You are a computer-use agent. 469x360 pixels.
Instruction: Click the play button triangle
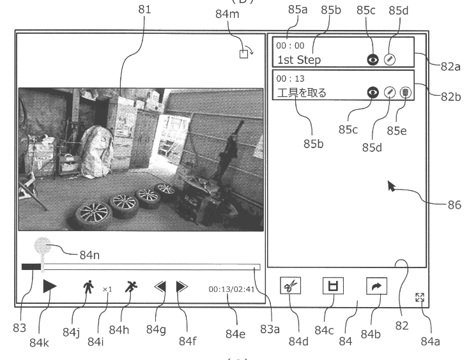click(50, 286)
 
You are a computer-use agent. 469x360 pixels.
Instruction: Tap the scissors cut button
click(291, 285)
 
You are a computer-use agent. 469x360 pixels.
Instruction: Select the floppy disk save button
click(333, 285)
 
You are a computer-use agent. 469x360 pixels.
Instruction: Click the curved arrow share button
click(376, 286)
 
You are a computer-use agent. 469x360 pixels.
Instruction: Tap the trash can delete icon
click(405, 93)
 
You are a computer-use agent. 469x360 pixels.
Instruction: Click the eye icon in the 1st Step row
click(373, 60)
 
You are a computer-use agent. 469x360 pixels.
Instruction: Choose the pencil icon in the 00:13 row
click(389, 93)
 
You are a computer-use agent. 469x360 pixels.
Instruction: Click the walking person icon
click(88, 287)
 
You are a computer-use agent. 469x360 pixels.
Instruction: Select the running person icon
click(131, 287)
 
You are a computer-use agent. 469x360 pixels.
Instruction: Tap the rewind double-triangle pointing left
click(160, 287)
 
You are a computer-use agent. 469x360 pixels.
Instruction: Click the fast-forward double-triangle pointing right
click(182, 287)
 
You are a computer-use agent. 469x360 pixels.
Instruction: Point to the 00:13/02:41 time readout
click(231, 289)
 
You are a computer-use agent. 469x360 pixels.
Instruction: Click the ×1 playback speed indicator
click(107, 289)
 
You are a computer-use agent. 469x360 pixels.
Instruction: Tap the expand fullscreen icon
click(420, 297)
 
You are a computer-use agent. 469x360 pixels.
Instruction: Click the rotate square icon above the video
click(247, 52)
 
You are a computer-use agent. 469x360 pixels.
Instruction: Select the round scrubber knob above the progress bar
click(42, 246)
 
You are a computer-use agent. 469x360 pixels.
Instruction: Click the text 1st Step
click(299, 60)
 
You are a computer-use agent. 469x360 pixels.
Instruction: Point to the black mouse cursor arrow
click(391, 186)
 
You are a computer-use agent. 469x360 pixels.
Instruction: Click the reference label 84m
click(227, 14)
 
